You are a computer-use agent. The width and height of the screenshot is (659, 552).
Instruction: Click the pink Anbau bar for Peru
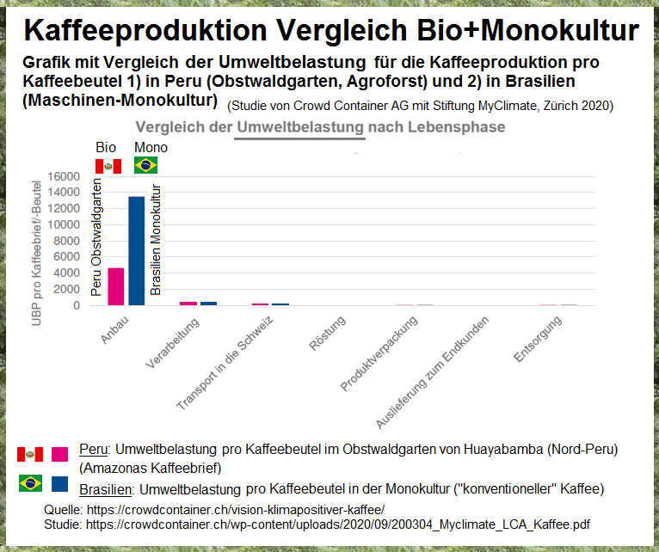pos(115,286)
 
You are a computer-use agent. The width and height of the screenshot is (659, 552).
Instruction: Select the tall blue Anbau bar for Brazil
pos(136,250)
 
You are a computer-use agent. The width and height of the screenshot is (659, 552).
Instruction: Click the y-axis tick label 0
pos(77,305)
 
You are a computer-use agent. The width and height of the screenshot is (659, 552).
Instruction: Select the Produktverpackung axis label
pos(379,353)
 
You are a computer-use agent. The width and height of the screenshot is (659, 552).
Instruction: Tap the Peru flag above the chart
pos(108,165)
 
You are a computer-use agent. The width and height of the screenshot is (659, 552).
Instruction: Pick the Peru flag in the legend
pos(30,454)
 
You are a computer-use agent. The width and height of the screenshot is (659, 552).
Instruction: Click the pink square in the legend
pos(59,454)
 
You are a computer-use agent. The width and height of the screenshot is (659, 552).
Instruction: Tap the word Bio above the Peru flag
pos(105,148)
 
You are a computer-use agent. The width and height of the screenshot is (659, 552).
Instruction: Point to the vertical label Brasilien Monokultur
pos(156,240)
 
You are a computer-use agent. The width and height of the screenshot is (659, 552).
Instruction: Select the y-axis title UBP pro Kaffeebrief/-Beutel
pos(37,240)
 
